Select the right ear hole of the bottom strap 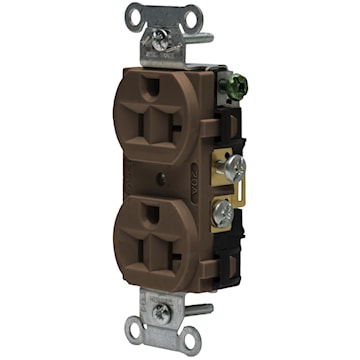coord(184,333)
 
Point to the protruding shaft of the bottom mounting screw coord(201,310)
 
